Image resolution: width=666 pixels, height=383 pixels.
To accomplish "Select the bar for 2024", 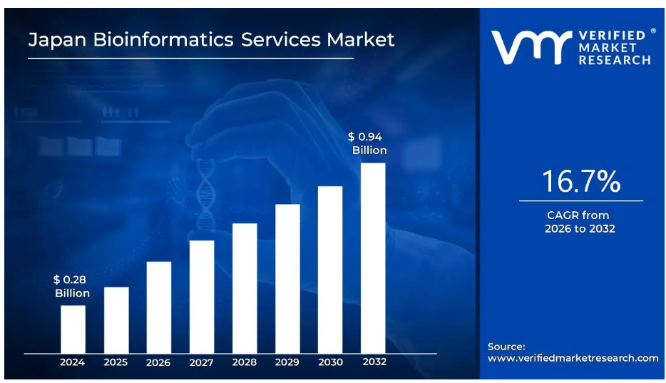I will point(73,329).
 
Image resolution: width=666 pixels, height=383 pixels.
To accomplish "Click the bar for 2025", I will point(116,320).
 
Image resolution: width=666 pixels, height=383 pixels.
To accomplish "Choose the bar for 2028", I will point(245,287).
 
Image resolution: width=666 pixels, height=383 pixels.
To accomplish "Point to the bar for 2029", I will point(287,278).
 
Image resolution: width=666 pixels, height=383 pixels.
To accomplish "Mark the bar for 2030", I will point(330,269).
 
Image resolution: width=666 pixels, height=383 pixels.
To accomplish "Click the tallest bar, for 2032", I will point(373,257).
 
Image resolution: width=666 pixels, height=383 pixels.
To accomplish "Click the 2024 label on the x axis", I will point(73,362).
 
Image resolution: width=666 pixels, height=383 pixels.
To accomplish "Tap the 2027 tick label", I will point(202,362).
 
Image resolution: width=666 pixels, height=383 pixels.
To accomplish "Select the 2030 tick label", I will point(330,362).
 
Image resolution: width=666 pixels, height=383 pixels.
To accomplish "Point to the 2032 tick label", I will point(374,362).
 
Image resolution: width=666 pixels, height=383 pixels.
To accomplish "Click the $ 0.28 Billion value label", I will point(72,287).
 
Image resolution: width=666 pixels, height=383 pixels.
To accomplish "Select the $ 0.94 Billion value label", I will point(368,143).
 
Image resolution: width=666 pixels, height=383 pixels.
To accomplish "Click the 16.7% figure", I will point(580,182).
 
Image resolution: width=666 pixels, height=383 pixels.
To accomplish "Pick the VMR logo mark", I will point(531,47).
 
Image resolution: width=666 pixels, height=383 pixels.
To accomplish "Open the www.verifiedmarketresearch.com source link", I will point(573,358).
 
